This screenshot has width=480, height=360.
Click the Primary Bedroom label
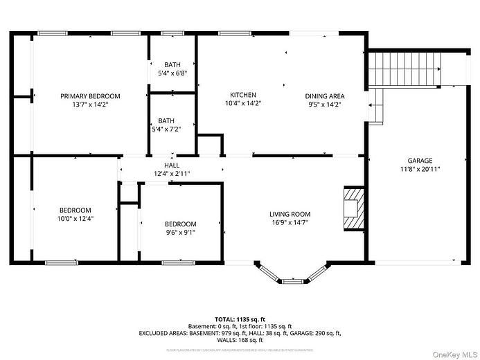click(90, 96)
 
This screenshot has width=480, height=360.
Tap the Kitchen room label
click(243, 95)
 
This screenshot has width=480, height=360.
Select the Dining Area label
click(325, 96)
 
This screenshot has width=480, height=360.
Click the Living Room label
click(290, 214)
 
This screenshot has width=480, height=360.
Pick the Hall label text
click(172, 165)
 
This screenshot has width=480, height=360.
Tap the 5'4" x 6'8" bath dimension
click(172, 73)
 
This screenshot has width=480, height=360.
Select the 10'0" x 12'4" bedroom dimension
click(75, 218)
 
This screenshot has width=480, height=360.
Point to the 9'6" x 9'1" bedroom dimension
click(180, 232)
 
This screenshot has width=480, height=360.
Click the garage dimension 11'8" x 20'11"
click(420, 168)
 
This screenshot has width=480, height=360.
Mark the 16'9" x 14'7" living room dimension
click(290, 222)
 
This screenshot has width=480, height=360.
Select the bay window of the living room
click(290, 275)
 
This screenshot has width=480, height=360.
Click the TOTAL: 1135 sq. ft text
click(240, 319)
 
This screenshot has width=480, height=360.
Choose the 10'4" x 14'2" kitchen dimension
click(243, 103)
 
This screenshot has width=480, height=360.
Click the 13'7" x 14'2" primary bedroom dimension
click(90, 105)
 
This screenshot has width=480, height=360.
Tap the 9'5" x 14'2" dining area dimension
click(325, 105)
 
